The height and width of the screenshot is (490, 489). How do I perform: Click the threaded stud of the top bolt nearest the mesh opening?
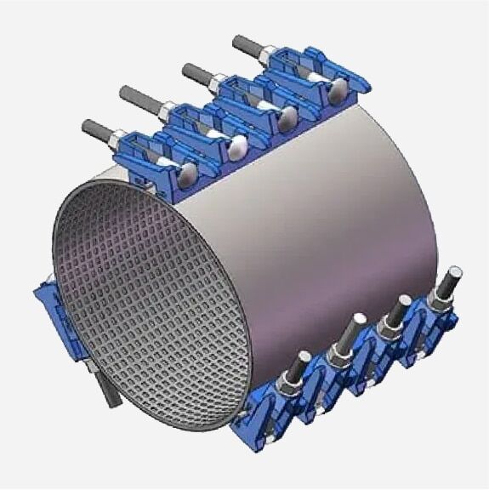pyautogui.click(x=96, y=129)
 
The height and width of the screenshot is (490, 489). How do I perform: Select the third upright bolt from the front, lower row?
pyautogui.click(x=391, y=311)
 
